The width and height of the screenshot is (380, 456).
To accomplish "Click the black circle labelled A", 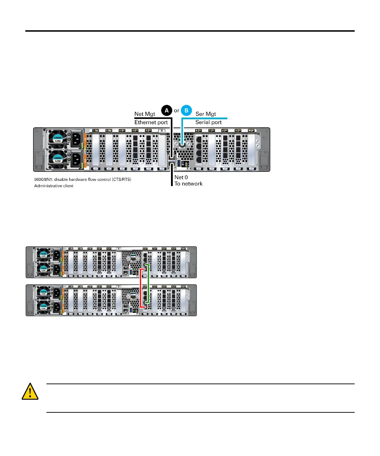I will pos(166,110).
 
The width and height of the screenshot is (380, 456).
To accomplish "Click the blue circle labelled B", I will pos(186,110).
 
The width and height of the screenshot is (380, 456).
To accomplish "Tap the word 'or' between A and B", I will pos(177,110).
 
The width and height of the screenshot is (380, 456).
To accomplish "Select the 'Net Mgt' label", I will pos(145,114).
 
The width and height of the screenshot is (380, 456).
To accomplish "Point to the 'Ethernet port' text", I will pos(151,122).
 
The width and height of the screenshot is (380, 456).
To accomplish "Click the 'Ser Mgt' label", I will pos(205,114).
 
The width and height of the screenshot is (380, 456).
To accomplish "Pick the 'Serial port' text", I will pos(208,122).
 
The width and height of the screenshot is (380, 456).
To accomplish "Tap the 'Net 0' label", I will pos(181,177).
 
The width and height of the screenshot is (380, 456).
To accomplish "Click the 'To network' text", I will pos(189,184).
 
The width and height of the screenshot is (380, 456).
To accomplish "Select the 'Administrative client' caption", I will pos(54,186).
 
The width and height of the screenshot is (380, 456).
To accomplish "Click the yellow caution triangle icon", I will pos(30,392).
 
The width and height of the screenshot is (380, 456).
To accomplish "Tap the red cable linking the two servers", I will pos(140,288).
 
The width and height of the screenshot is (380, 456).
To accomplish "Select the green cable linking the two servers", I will pos(149,283).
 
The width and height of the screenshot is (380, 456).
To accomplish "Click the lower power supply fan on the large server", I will pos(57,159).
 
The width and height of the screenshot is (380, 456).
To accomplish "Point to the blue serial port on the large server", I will pos(182,144).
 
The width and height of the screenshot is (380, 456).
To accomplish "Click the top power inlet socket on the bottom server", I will pos(57,293).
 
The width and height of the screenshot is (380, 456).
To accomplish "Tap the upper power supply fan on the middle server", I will pos(43,255).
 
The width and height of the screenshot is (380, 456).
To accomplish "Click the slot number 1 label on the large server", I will pos(95,131).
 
